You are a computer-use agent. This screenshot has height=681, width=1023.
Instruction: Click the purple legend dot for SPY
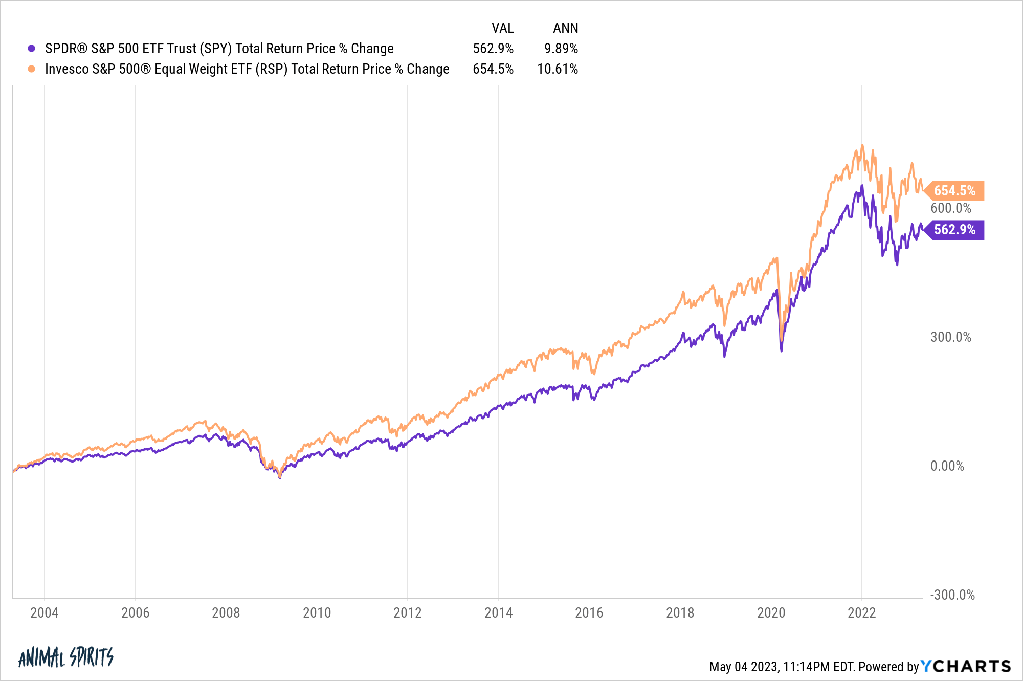(31, 49)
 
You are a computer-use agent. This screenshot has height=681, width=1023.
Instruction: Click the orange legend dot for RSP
(31, 69)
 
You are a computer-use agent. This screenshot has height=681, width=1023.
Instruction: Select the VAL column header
(502, 28)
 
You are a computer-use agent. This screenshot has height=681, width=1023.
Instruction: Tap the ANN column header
(565, 28)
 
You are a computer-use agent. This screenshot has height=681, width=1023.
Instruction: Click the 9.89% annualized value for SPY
(561, 49)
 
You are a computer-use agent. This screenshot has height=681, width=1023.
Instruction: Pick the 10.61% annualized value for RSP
(557, 69)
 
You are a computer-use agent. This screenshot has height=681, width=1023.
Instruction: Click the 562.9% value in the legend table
(493, 49)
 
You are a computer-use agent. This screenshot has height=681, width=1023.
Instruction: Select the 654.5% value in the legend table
(493, 69)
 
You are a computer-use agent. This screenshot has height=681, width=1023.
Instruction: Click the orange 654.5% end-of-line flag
(954, 191)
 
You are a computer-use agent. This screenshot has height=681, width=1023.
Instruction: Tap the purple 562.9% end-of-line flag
(954, 230)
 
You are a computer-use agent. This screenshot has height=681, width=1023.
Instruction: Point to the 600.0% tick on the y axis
(950, 208)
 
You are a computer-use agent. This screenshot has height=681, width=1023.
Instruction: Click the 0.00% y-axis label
(947, 466)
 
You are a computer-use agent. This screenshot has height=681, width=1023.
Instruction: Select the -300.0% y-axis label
(952, 595)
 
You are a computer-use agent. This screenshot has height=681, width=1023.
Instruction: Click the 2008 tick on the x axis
(226, 612)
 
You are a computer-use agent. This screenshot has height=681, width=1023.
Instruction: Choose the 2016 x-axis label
(589, 612)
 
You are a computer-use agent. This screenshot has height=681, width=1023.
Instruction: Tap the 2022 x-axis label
(861, 612)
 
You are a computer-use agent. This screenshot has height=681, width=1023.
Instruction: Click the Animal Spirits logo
(65, 657)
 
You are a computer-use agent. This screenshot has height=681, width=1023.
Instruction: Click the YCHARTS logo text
(966, 666)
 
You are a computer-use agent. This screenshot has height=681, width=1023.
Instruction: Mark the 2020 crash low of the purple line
(781, 350)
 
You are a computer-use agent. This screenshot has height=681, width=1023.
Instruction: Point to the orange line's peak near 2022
(862, 145)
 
